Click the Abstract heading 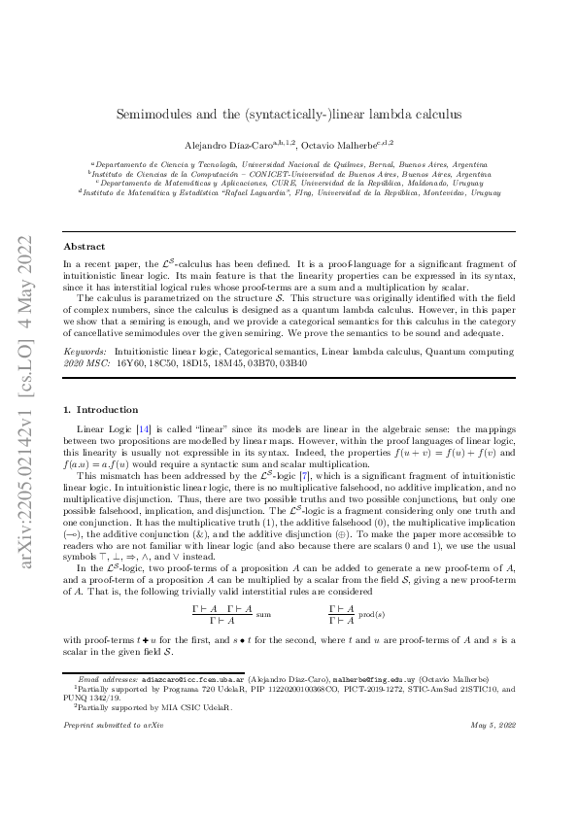click(84, 247)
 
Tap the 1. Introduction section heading click(101, 410)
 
